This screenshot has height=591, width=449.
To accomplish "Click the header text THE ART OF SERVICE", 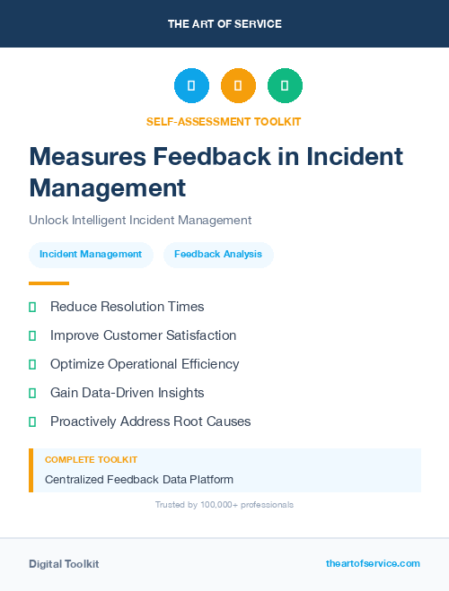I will (224, 24).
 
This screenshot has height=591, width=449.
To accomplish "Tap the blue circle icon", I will (191, 86).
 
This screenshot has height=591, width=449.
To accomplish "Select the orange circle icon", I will (238, 86).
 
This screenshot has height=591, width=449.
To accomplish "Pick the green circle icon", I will (285, 86).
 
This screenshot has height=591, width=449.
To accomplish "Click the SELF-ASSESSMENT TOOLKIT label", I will (224, 121).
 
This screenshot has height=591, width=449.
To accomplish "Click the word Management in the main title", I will (107, 187).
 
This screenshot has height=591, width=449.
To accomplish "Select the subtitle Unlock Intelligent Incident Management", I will (140, 220).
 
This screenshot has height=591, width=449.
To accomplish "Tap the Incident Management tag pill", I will (91, 255).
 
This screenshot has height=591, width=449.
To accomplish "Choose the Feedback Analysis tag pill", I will (218, 255).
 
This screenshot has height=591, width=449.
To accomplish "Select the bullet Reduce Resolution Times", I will (127, 307).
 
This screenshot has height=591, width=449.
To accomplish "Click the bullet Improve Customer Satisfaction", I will (143, 335).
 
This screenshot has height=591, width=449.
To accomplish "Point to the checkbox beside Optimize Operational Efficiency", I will (32, 364).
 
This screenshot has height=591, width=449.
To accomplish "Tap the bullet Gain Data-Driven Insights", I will (127, 393).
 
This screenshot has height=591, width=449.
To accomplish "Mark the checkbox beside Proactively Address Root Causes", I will (32, 422).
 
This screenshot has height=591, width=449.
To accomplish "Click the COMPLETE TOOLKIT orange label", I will (87, 459).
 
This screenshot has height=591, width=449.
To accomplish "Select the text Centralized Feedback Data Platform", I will (139, 480).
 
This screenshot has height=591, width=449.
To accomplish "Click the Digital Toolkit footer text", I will (64, 564).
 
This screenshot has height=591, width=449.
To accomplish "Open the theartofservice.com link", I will (373, 563).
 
